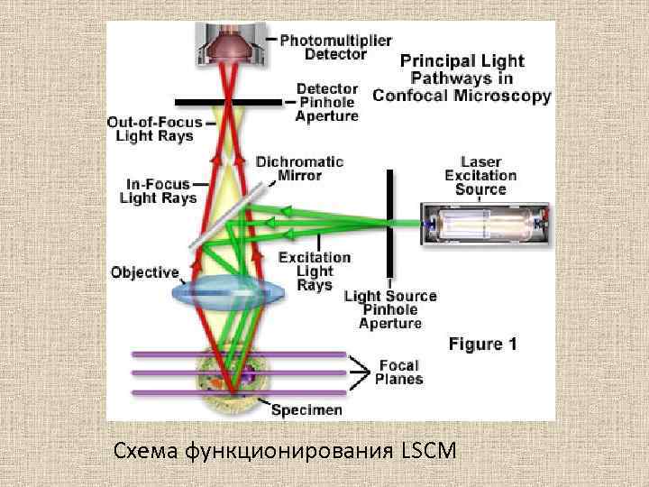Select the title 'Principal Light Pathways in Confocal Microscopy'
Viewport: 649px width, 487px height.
point(462,78)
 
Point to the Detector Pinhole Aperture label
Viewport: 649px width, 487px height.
point(327,103)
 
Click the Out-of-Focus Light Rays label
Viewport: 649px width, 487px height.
point(154,129)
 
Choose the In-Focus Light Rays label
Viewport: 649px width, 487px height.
point(158,191)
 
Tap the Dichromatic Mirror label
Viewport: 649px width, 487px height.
point(299,169)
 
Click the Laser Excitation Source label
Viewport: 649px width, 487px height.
point(481,176)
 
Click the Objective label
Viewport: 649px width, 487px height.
point(144,271)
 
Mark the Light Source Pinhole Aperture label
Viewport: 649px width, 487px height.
point(390,309)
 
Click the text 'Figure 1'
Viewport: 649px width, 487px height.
point(483,344)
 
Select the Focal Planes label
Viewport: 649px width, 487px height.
point(398,372)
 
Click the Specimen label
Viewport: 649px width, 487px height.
point(306,410)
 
